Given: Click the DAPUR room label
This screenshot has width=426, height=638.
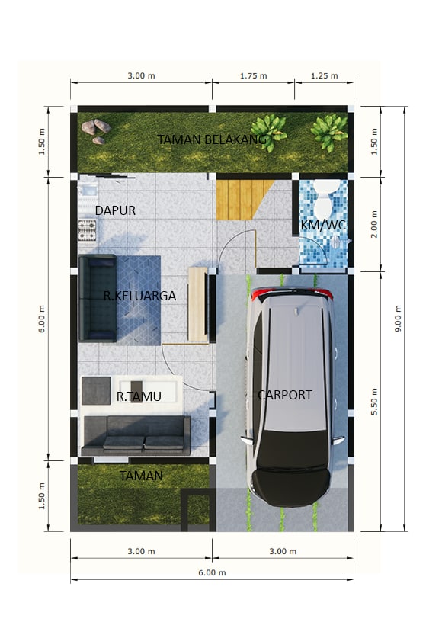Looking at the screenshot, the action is tap(115, 210).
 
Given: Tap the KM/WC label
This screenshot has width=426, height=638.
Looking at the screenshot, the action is tap(323, 225).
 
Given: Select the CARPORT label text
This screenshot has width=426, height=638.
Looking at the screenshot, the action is tap(285, 395).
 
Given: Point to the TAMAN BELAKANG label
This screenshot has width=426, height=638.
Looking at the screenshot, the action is tap(212, 139).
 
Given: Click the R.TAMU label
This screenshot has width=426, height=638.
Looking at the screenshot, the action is tap(139, 396).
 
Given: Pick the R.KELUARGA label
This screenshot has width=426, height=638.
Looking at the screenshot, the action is tap(139, 296).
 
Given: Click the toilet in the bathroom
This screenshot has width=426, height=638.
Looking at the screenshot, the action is tap(326, 198).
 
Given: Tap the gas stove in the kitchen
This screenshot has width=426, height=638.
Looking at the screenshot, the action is tap(87, 230).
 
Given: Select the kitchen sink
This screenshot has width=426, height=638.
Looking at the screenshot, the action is tap(88, 191).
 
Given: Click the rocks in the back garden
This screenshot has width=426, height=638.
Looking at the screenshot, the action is tap(96, 131).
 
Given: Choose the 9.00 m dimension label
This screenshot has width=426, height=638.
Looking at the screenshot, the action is tap(399, 318).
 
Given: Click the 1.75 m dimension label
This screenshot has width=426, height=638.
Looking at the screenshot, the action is tap(254, 75).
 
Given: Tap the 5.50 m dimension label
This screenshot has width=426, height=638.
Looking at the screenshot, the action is tap(374, 402).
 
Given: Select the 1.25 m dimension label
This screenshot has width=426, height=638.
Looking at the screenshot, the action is tap(325, 75).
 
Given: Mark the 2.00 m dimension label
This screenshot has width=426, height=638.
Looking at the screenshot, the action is tap(374, 224).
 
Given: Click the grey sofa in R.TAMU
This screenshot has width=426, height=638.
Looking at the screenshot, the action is tap(136, 435).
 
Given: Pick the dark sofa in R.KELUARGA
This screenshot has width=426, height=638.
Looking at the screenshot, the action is tap(98, 298).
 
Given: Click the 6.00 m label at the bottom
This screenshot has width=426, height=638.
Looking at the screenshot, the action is tap(212, 573).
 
